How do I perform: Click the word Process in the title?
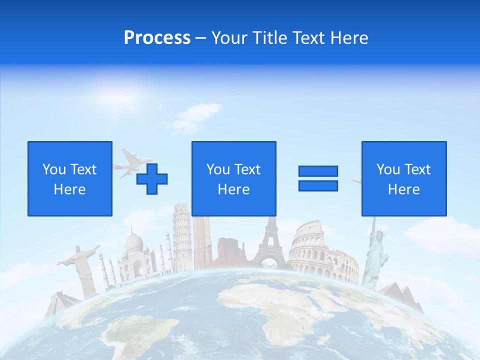pos(157,38)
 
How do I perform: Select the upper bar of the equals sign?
pos(318,171)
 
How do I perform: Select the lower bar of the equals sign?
pos(318,185)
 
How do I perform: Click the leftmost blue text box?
pos(70,178)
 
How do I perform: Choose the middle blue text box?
pos(233,178)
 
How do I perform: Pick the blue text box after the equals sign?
pos(403,178)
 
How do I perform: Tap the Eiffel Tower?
pos(270,245)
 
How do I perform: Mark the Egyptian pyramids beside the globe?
pos(400,295)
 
